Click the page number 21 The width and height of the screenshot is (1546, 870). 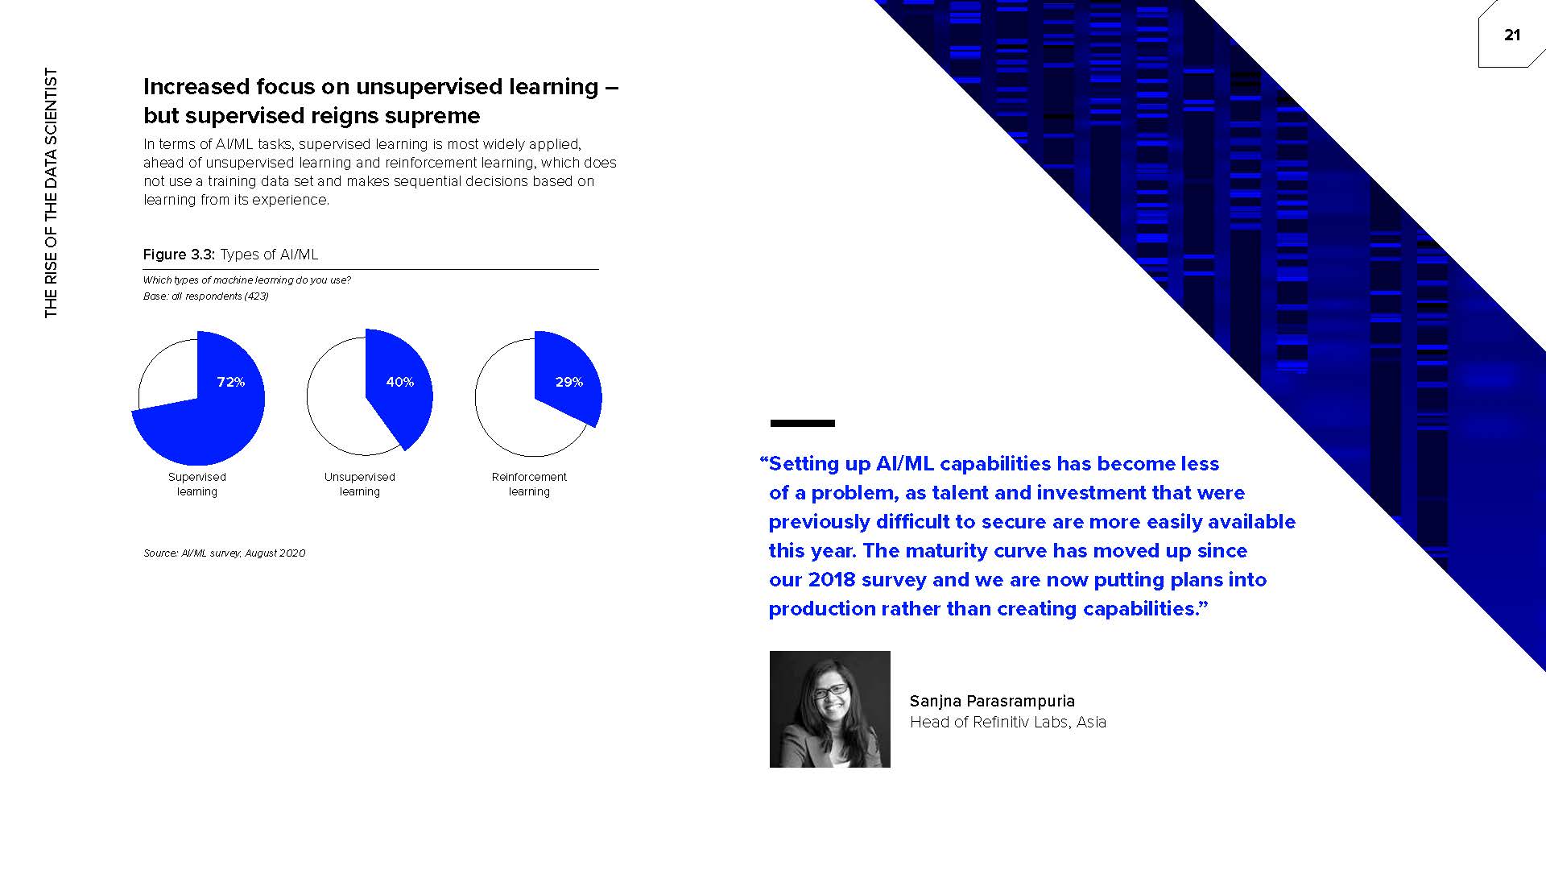click(x=1511, y=35)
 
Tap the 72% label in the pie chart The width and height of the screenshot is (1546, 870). click(x=231, y=382)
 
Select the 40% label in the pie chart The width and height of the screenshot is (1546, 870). click(x=400, y=382)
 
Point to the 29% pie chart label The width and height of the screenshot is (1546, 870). click(x=569, y=382)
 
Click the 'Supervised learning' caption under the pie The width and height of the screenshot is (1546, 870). click(x=197, y=484)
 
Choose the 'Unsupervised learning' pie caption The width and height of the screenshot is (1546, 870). click(x=360, y=484)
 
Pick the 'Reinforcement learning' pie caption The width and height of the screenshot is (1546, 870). click(x=529, y=484)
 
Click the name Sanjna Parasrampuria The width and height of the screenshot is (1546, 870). click(x=992, y=702)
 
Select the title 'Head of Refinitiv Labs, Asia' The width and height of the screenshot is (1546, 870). click(x=1008, y=723)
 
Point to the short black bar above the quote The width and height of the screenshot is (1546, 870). click(x=803, y=423)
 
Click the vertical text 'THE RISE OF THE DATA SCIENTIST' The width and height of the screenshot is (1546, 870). click(x=52, y=193)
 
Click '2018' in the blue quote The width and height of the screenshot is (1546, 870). click(x=832, y=580)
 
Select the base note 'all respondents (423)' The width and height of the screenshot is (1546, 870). click(x=220, y=296)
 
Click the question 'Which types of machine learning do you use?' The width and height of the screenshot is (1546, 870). click(x=247, y=280)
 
